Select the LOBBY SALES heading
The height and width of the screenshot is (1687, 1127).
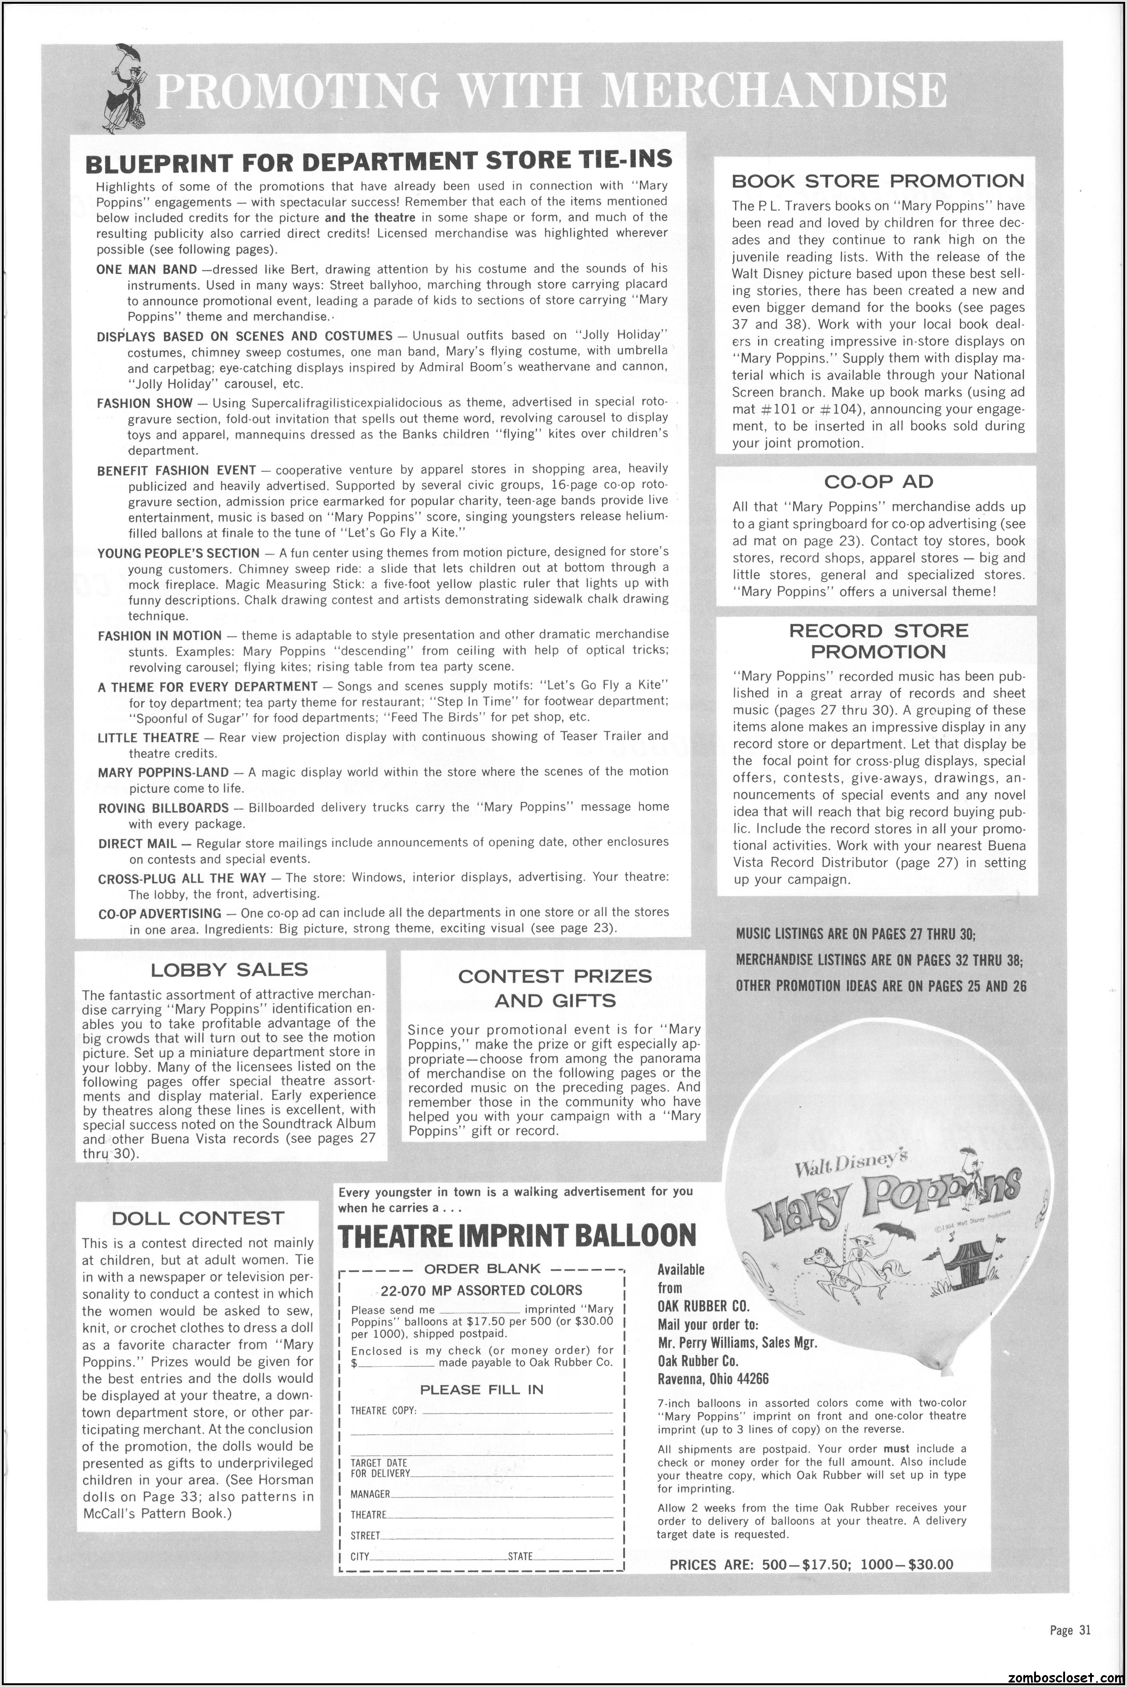click(229, 970)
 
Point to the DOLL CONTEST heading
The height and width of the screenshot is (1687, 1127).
click(199, 1218)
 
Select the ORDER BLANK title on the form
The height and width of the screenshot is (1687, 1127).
click(482, 1269)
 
